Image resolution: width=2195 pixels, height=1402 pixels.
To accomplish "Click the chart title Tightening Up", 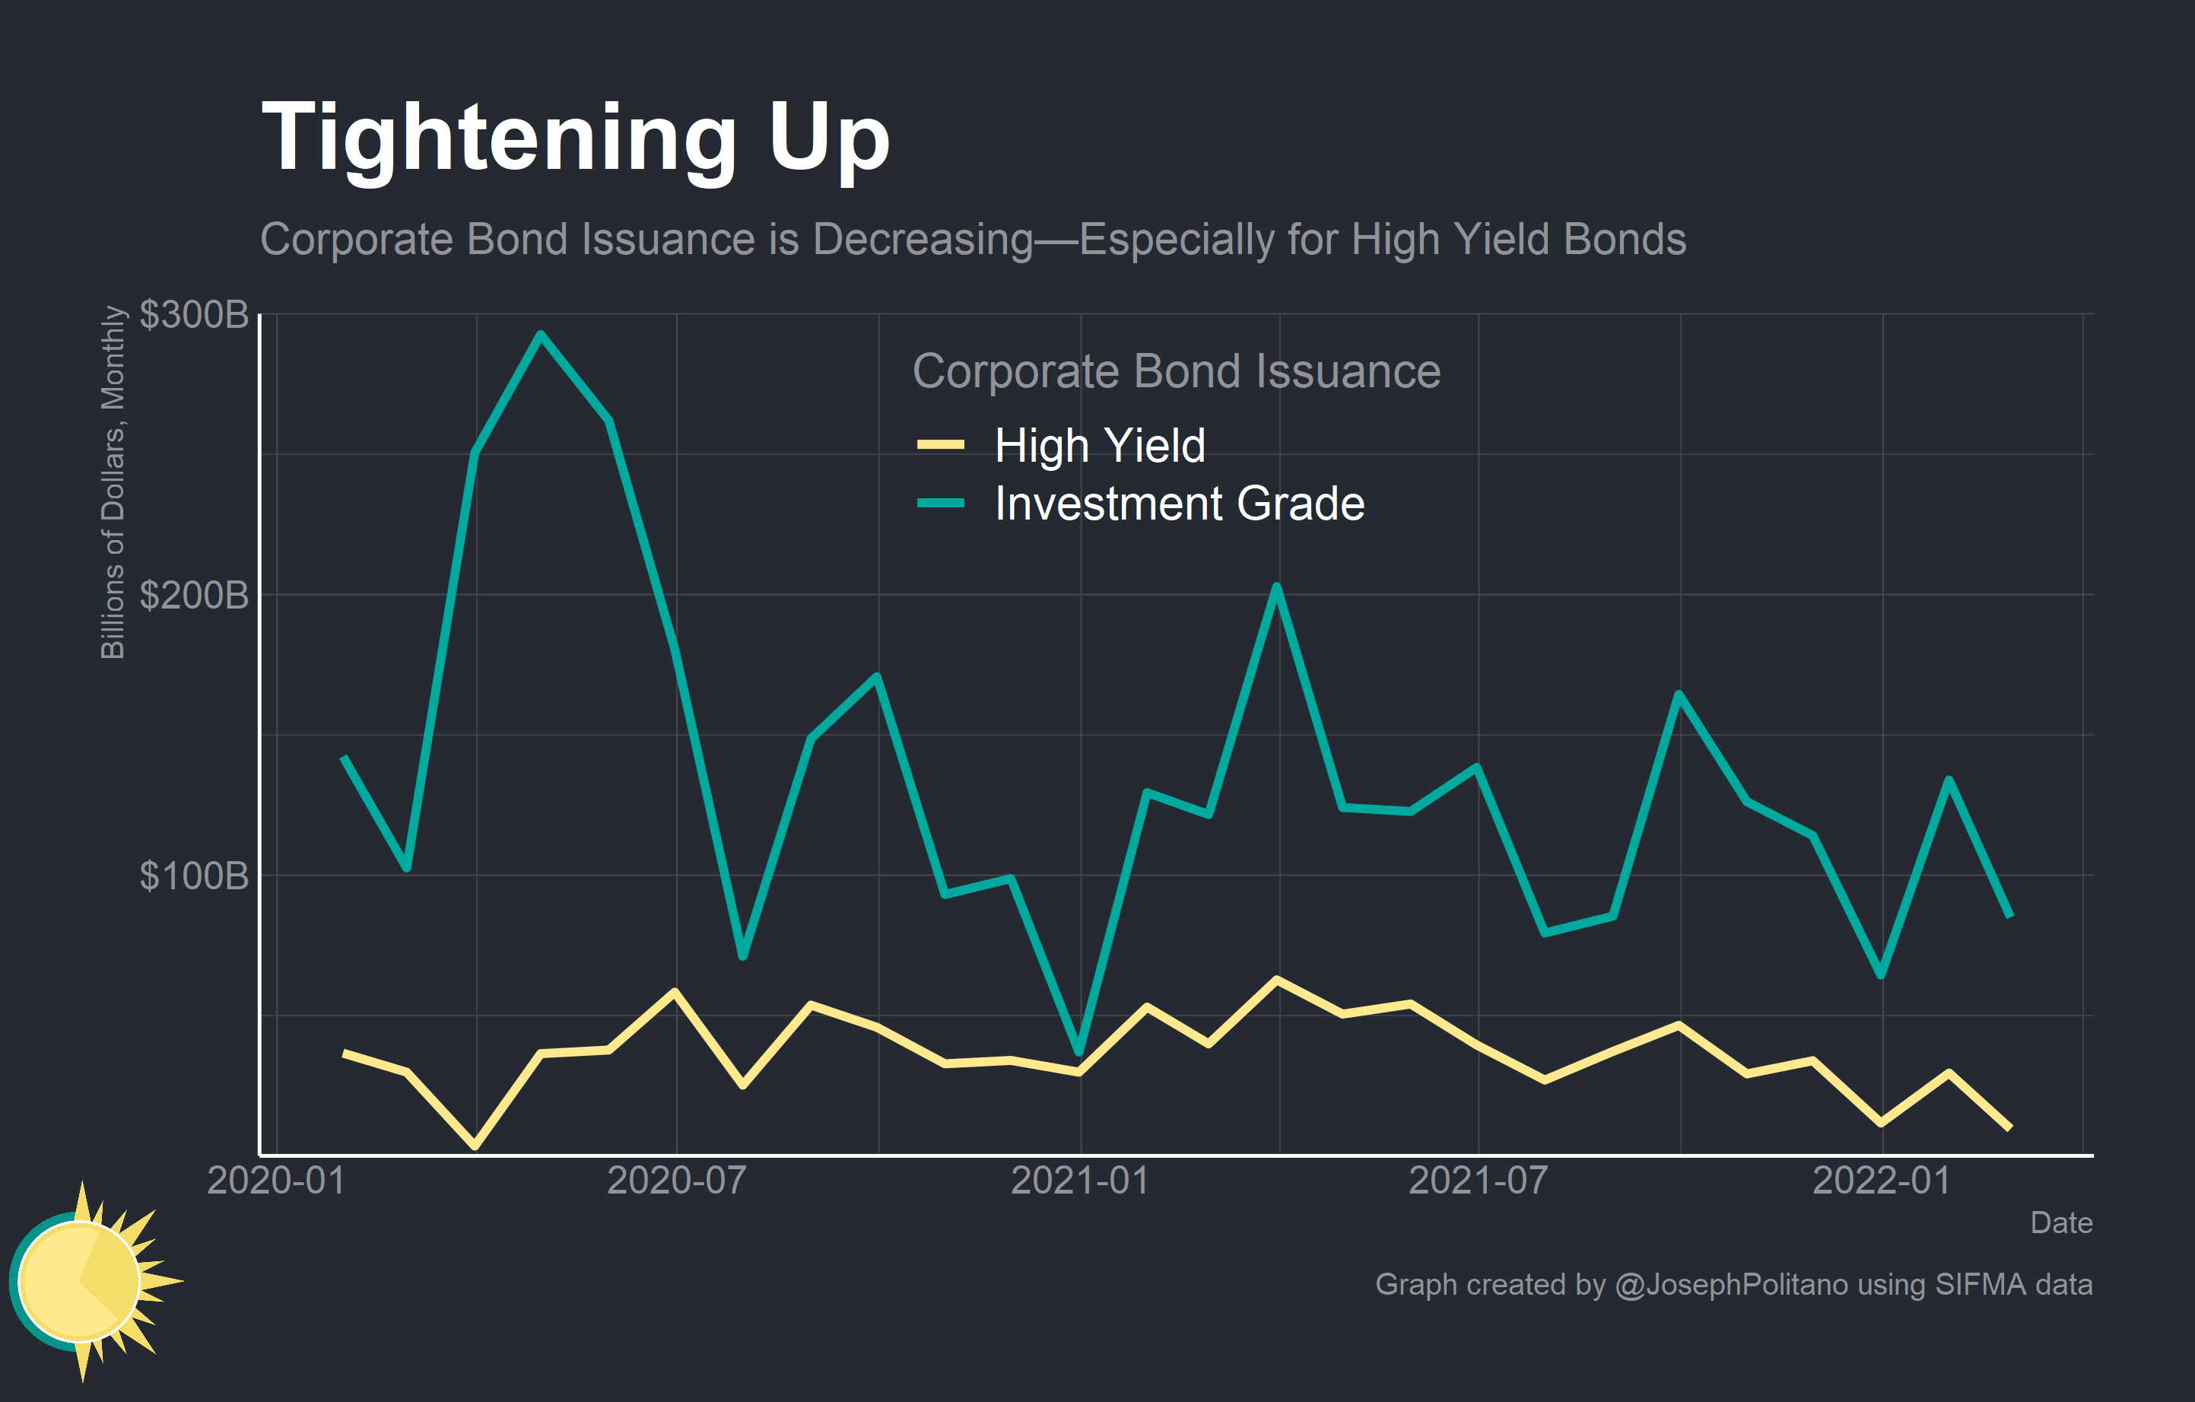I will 574,138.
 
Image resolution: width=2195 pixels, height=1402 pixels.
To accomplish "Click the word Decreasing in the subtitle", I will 923,240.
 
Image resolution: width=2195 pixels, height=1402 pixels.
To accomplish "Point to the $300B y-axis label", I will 193,316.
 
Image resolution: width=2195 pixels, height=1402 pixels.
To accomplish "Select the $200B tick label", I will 193,595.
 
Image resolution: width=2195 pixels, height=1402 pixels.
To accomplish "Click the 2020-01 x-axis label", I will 275,1181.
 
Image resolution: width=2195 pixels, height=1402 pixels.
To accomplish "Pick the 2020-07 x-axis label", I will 676,1181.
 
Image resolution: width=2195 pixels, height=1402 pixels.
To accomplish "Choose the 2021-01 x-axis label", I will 1080,1181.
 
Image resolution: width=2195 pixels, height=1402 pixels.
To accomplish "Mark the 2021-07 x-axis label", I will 1478,1181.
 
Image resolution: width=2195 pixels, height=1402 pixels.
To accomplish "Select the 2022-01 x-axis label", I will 1882,1181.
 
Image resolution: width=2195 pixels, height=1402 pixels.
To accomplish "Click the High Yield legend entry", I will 1099,446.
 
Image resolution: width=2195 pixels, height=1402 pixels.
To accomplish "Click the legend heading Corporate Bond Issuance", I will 1176,372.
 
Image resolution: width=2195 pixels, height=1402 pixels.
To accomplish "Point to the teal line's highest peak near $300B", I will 541,335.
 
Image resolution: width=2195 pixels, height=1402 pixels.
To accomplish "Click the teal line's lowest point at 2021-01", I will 1079,1052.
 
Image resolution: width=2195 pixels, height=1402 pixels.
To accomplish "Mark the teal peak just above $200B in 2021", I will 1277,587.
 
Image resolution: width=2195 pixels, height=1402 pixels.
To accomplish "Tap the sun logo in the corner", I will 87,1281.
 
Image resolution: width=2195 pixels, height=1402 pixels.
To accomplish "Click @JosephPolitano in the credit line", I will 1731,1284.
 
